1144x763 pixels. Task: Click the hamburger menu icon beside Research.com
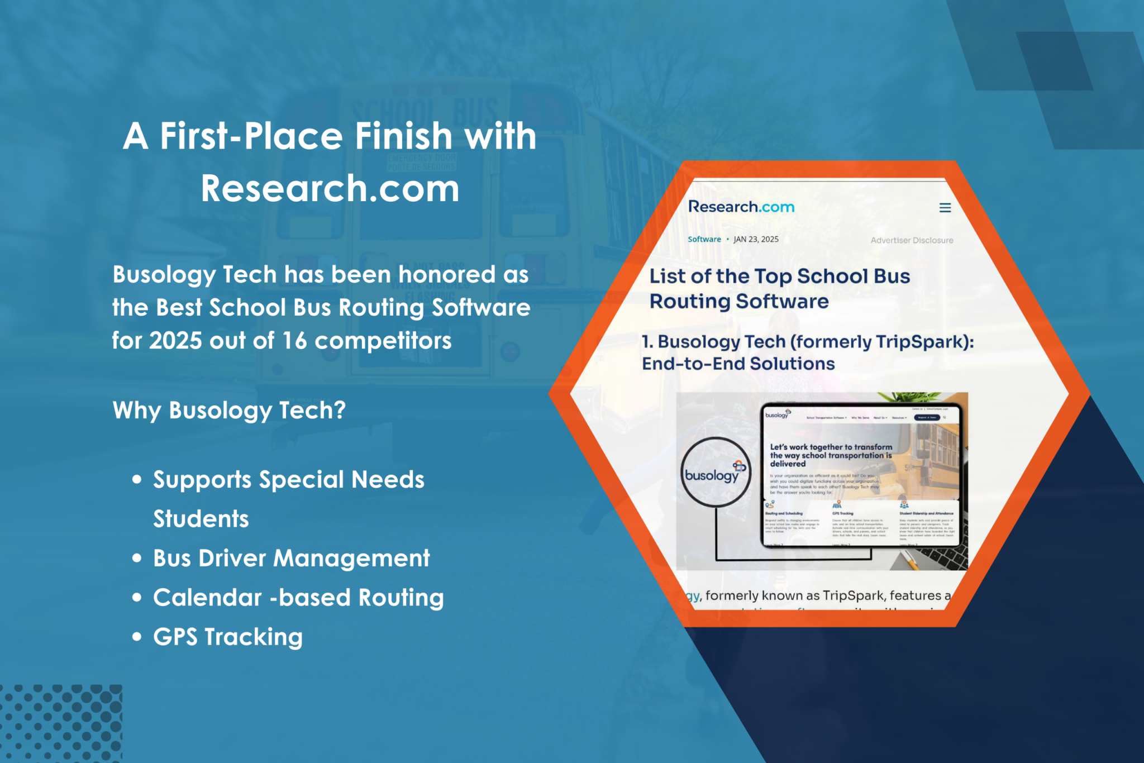[x=945, y=208]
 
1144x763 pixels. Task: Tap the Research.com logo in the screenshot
[x=741, y=207]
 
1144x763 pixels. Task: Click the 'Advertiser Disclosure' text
[x=912, y=240]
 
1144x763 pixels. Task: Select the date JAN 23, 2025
[x=756, y=239]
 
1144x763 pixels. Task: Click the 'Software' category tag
[x=704, y=239]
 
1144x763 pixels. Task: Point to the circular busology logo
[x=714, y=473]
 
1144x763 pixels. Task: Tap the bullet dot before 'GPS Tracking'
[x=137, y=637]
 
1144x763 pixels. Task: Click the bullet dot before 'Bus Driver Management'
[x=137, y=558]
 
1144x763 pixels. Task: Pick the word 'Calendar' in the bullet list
[x=207, y=598]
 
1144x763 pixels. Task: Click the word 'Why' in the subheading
[x=137, y=411]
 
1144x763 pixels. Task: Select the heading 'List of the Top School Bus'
[x=779, y=276]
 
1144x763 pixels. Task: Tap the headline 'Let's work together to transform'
[x=831, y=447]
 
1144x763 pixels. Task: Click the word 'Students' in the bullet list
[x=201, y=519]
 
